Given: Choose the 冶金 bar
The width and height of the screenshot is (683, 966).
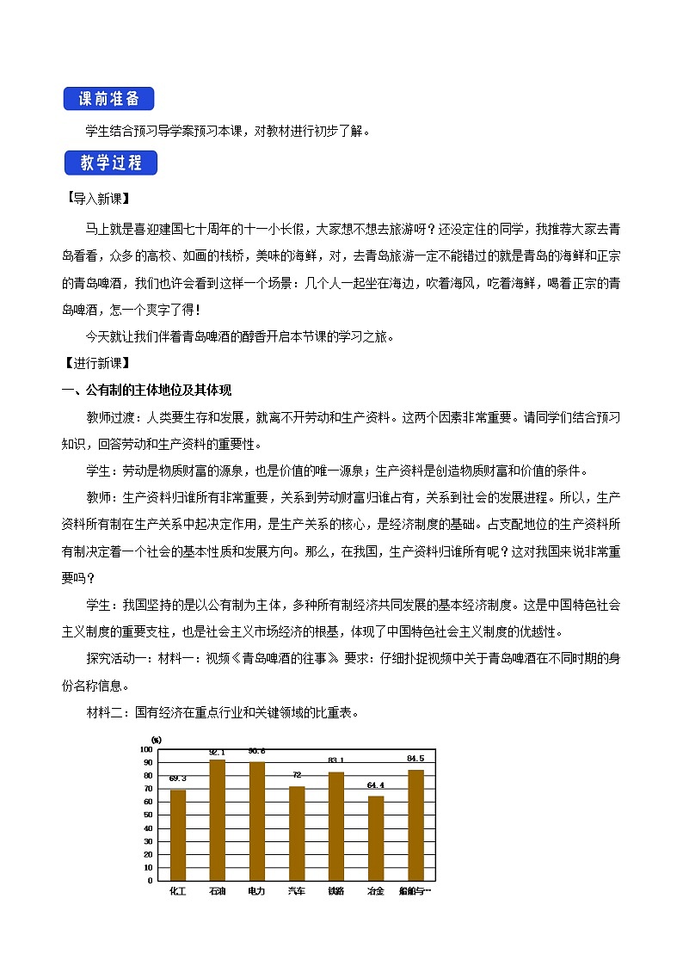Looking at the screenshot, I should click(x=376, y=838).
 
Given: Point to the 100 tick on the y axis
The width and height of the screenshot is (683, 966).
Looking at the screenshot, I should click(x=146, y=749).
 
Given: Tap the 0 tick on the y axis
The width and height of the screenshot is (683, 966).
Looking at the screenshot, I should click(x=149, y=880).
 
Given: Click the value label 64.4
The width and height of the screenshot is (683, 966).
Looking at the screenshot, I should click(x=376, y=785).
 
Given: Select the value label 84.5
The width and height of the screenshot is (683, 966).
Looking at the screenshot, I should click(x=415, y=759).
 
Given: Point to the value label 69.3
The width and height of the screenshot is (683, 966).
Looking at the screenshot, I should click(x=178, y=778).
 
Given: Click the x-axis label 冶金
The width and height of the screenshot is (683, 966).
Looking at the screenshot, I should click(x=376, y=892).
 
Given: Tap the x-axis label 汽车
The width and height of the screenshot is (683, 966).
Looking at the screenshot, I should click(x=297, y=892).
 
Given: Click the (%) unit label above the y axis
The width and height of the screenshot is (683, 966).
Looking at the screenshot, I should click(x=156, y=739).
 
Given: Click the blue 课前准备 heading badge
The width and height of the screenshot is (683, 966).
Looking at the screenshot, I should click(x=108, y=98).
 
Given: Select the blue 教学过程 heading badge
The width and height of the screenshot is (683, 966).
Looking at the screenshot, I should click(x=109, y=163).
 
